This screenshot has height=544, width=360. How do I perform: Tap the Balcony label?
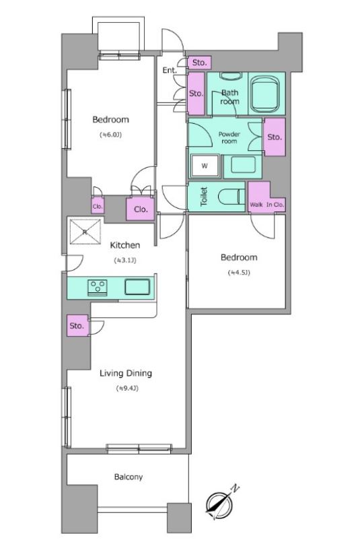(x=129, y=477)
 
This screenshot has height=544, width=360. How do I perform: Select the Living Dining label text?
(x=126, y=373)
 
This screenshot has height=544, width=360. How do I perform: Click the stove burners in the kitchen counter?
(x=98, y=287)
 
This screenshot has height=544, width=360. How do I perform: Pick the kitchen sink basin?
(x=137, y=287)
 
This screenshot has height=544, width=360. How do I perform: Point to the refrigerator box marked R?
(x=85, y=232)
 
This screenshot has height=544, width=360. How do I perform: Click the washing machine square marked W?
(x=205, y=166)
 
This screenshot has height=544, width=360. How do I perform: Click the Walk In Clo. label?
(x=266, y=205)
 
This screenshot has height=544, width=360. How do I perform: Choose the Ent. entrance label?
(x=170, y=70)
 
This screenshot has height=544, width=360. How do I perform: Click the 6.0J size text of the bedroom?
(x=110, y=135)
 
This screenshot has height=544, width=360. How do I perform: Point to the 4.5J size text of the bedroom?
(x=239, y=273)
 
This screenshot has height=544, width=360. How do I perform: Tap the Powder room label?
(x=229, y=138)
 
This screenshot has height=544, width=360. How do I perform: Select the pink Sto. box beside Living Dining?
(x=77, y=325)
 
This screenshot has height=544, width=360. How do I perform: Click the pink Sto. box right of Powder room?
(x=275, y=137)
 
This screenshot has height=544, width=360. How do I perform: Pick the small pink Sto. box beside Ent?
(x=200, y=63)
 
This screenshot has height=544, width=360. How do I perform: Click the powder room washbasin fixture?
(x=243, y=166)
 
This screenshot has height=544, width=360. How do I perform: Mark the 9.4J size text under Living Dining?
(x=127, y=388)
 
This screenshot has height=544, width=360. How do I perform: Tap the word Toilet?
(x=204, y=197)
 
